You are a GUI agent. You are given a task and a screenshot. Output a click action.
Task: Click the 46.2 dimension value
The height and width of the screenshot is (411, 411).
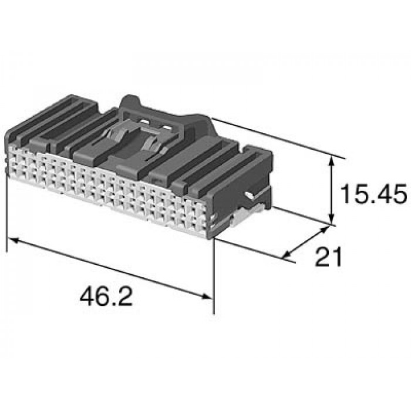coord(106,296)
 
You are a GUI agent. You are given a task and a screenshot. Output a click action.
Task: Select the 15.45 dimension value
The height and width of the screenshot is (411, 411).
coord(373,194)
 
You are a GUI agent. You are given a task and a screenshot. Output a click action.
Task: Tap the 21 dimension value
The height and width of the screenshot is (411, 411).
coord(329,257)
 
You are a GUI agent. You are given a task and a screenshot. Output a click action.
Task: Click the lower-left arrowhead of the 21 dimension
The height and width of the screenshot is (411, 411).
coord(288,254)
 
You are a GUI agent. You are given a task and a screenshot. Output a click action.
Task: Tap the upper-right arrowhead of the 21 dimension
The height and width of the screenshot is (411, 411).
coord(325,230)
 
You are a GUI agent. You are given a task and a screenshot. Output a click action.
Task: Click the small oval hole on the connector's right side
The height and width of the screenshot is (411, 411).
coord(249,195)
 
